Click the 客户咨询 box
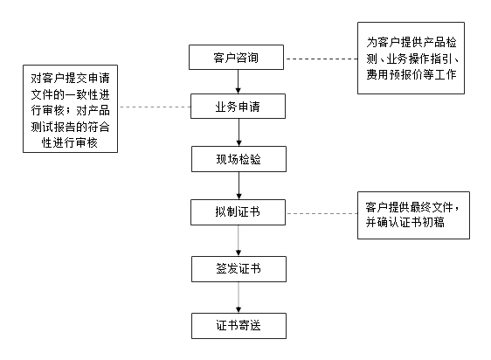(236, 57)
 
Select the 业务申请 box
(238, 107)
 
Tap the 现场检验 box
(239, 159)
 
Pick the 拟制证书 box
(238, 212)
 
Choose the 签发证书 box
(239, 269)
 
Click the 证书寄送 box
(239, 326)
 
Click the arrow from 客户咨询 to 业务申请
(238, 81)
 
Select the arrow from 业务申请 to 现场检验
(239, 132)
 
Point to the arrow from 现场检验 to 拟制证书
(239, 185)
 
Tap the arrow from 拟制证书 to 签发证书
(239, 240)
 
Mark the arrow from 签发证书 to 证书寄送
(239, 297)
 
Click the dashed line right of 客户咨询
(321, 59)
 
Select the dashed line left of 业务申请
(154, 107)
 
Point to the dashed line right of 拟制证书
(322, 213)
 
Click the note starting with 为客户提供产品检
(411, 58)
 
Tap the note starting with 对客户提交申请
(70, 108)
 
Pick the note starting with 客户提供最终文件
(413, 215)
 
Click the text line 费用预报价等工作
(411, 74)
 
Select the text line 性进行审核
(70, 143)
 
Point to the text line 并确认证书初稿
(405, 223)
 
